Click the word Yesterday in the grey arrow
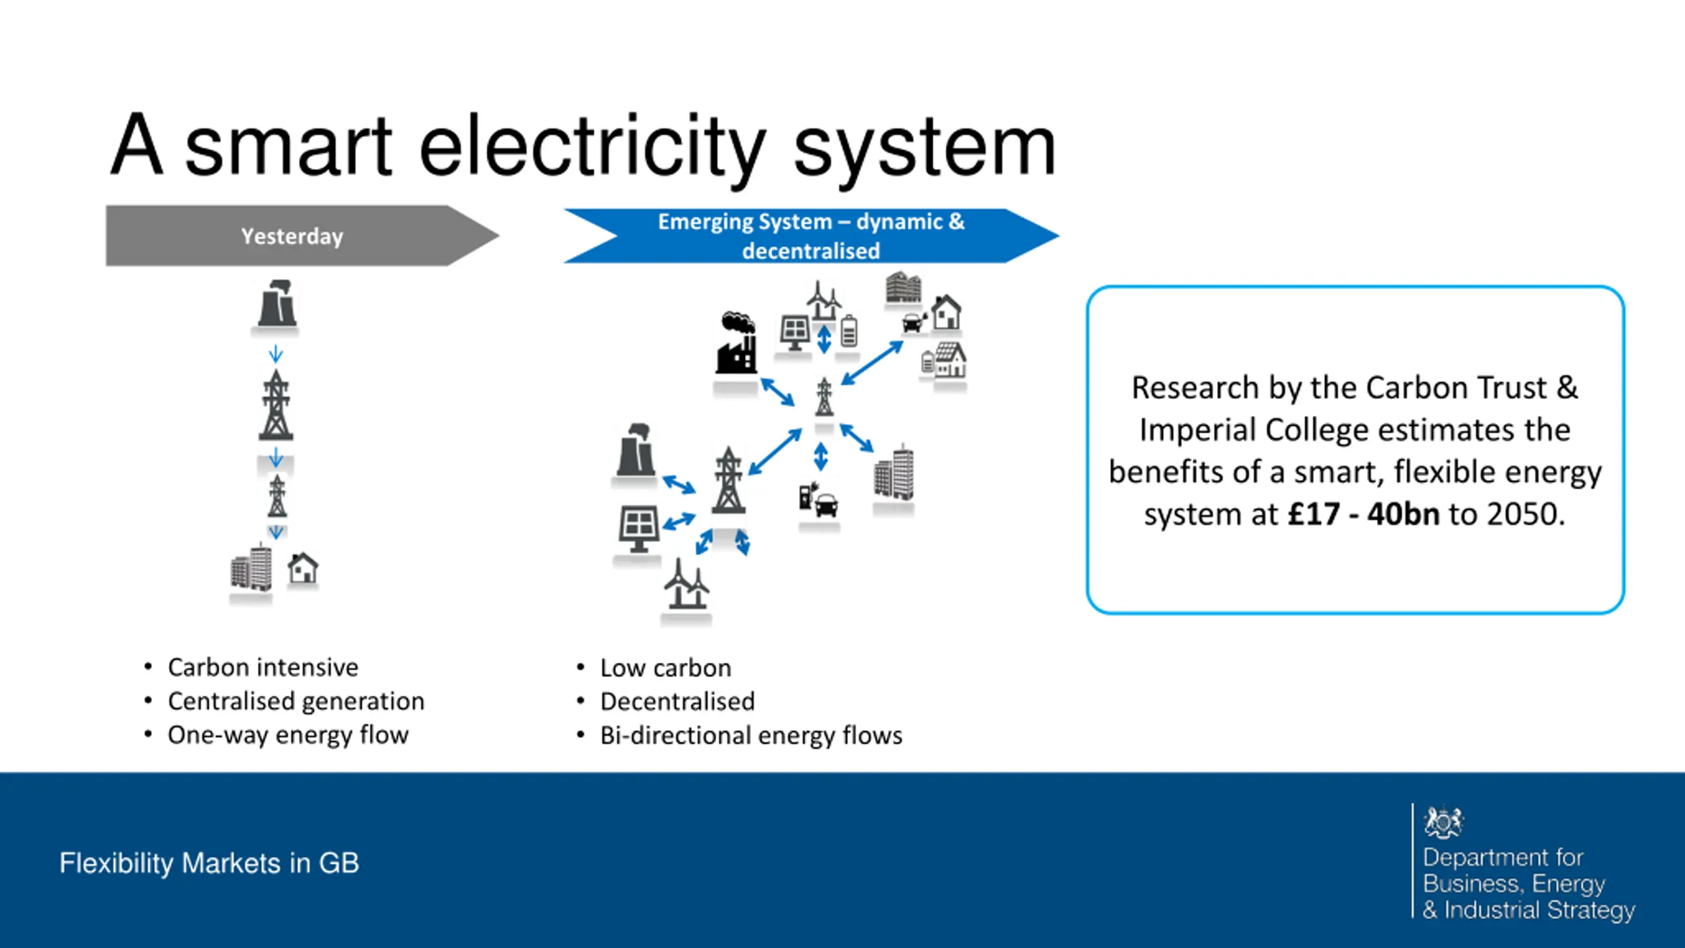tap(292, 236)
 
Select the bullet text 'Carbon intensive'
tap(263, 668)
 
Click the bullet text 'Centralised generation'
tap(296, 702)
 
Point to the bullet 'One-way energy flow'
tap(288, 735)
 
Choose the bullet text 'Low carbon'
tap(665, 668)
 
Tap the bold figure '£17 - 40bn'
tap(1363, 514)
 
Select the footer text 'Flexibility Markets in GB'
tap(209, 863)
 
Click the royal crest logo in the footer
tap(1443, 822)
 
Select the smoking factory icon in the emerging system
tap(737, 344)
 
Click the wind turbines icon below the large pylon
tap(686, 585)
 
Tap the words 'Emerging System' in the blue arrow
tap(745, 222)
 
